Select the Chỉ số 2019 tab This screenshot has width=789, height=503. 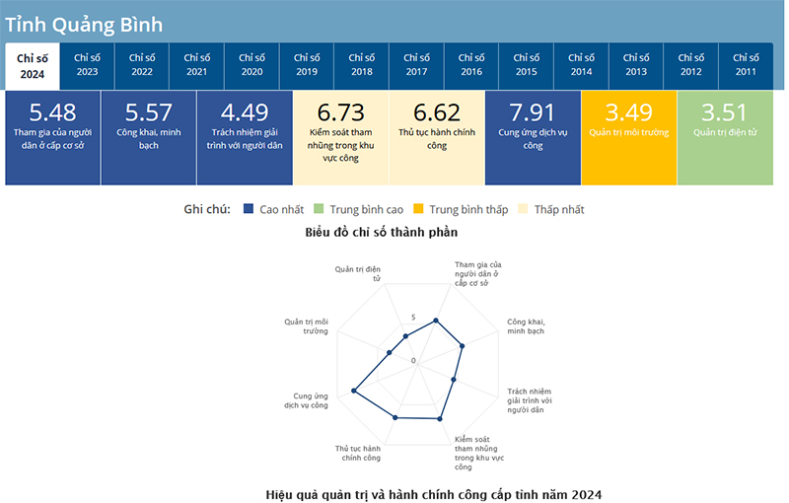(x=307, y=65)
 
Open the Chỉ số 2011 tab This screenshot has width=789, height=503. (x=746, y=65)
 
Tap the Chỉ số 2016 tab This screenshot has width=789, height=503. (x=471, y=65)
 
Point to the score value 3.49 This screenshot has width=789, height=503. (x=628, y=112)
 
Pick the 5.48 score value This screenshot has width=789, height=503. (x=52, y=112)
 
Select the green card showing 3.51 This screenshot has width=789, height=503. (x=724, y=138)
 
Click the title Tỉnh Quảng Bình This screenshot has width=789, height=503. (x=84, y=24)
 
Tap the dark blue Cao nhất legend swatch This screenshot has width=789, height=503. (x=249, y=209)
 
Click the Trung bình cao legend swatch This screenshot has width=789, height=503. (x=318, y=209)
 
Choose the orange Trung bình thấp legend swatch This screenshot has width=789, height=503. (x=418, y=209)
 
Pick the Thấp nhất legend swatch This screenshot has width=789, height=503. (x=524, y=209)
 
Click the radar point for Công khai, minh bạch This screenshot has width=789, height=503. (x=463, y=345)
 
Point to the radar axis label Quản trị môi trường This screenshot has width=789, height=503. (x=307, y=325)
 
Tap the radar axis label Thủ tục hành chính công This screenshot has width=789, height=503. (x=358, y=453)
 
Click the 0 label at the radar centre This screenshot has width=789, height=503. (x=414, y=361)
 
